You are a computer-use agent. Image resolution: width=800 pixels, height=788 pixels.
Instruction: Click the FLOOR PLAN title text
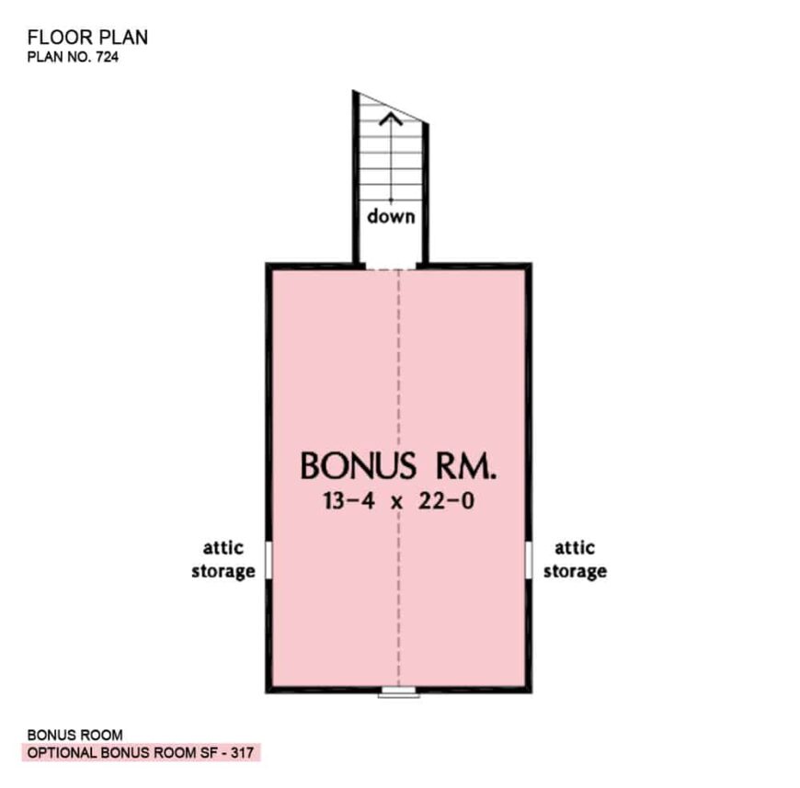pos(87,38)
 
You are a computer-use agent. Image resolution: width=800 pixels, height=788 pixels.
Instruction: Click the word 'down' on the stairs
pos(391,216)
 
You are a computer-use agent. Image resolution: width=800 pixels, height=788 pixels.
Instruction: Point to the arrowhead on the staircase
pos(391,120)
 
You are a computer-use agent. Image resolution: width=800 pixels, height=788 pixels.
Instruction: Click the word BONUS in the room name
pos(358,465)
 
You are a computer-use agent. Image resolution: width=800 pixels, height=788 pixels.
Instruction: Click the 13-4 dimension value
pos(349,501)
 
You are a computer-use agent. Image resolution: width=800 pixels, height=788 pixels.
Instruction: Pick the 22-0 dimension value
pos(446,501)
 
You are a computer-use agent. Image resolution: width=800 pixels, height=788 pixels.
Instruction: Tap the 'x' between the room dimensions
pos(396,503)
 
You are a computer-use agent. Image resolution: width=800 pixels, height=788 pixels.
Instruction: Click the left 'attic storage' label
pos(223,559)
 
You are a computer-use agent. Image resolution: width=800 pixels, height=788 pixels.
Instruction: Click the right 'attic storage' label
pos(575,559)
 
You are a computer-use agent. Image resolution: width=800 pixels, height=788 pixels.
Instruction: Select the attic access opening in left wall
pos(269,560)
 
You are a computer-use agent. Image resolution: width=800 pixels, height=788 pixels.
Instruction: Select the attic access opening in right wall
pos(529,560)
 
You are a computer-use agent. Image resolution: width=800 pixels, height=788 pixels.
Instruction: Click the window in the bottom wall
pos(398,691)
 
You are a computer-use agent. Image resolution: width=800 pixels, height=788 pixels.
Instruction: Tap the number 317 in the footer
pos(242,752)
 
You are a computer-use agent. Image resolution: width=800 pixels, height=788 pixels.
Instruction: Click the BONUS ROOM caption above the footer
pos(75,735)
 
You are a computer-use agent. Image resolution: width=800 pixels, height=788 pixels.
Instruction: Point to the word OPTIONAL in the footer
pos(63,752)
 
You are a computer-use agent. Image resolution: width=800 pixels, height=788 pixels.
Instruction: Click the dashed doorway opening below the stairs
pos(391,268)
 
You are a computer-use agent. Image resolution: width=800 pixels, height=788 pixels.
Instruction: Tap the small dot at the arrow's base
pos(391,200)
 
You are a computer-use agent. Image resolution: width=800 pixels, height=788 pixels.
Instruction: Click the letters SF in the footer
pos(208,752)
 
